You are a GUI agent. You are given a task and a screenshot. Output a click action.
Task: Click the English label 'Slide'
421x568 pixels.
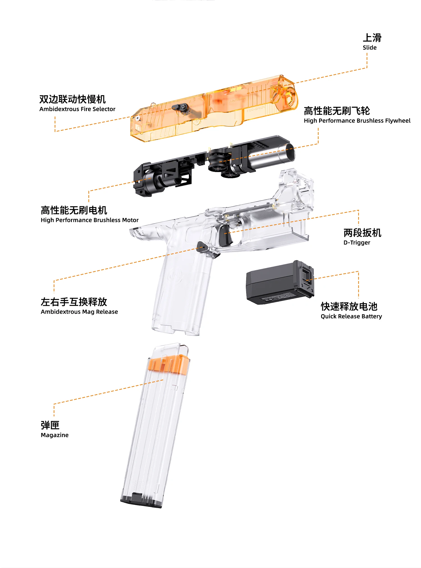click(369, 47)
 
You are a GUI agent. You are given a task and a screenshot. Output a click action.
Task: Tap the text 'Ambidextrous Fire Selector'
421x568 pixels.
click(77, 109)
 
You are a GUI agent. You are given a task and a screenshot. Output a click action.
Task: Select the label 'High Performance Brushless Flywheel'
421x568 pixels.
click(357, 121)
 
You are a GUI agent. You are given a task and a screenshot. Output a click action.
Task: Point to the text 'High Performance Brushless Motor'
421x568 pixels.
click(90, 220)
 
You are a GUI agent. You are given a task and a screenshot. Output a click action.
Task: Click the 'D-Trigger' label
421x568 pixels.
click(357, 243)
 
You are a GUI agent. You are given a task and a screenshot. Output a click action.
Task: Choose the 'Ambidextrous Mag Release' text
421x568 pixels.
click(79, 312)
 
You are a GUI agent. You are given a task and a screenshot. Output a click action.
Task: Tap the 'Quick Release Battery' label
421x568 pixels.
click(351, 316)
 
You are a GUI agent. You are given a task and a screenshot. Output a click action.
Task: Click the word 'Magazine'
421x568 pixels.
click(54, 435)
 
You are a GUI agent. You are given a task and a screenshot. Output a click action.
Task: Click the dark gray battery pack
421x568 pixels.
click(280, 283)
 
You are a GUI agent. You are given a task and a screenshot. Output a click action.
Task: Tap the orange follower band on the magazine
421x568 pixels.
click(168, 364)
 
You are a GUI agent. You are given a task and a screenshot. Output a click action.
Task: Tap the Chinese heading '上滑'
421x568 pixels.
click(372, 38)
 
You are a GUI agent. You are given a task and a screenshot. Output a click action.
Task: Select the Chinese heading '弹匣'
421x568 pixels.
click(50, 425)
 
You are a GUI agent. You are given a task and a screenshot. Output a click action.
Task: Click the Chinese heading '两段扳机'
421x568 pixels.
click(362, 233)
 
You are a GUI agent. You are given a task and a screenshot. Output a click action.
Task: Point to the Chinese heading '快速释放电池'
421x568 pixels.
click(349, 306)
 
